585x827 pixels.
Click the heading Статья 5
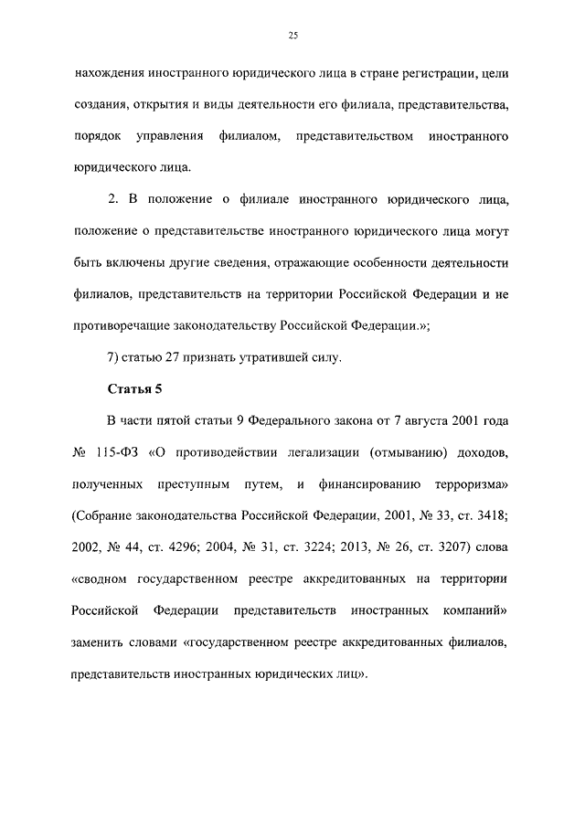click(134, 389)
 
